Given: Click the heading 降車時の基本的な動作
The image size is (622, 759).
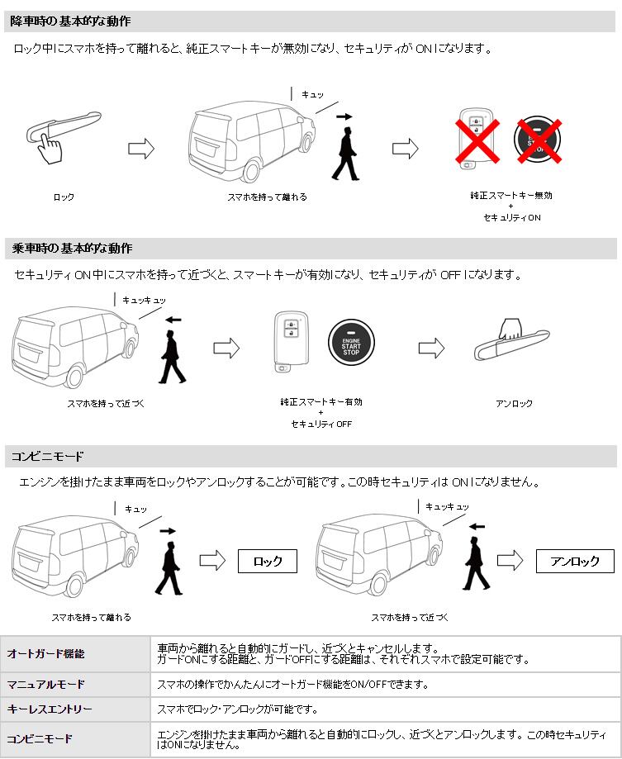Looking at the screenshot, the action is [x=70, y=21].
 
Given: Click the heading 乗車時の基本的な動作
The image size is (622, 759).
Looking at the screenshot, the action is [x=72, y=248].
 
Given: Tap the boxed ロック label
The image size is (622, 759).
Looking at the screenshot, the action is [x=268, y=562].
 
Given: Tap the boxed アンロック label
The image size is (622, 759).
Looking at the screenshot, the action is [x=574, y=562].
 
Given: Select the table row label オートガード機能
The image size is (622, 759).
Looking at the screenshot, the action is [x=46, y=654].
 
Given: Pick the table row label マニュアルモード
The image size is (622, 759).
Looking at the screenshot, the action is [x=46, y=685].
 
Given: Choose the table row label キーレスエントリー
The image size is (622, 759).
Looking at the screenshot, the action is [x=50, y=709].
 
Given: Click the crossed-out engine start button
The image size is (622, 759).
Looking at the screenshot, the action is [x=538, y=138].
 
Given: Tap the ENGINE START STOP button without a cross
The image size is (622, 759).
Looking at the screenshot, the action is [x=352, y=341].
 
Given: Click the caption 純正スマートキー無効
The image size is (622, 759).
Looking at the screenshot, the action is [x=510, y=196].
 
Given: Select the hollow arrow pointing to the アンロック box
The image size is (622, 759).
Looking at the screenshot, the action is [x=510, y=562].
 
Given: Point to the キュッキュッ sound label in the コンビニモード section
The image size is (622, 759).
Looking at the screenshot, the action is [x=447, y=506].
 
